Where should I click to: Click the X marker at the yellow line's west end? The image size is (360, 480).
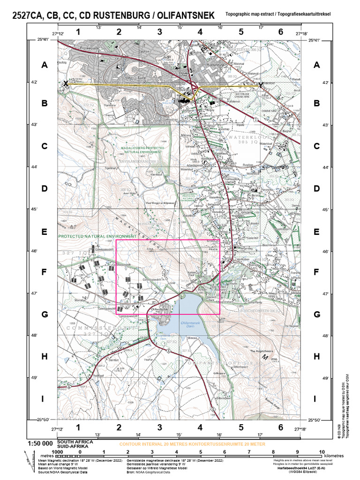pos(66,83)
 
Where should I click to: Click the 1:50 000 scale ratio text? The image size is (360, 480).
pos(40,443)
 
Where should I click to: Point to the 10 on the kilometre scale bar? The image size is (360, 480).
pos(322,452)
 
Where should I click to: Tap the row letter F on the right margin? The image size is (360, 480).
pos(316,272)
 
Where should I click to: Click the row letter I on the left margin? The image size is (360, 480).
pos(45,399)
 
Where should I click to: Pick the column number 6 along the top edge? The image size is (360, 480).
pos(280,32)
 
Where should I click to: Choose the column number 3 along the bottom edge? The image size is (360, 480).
pos(160,427)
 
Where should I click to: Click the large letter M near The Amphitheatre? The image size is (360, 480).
pos(265,358)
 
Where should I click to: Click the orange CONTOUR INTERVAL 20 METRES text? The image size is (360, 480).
pos(192,443)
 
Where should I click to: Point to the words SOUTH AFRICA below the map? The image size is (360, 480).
pos(75,442)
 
